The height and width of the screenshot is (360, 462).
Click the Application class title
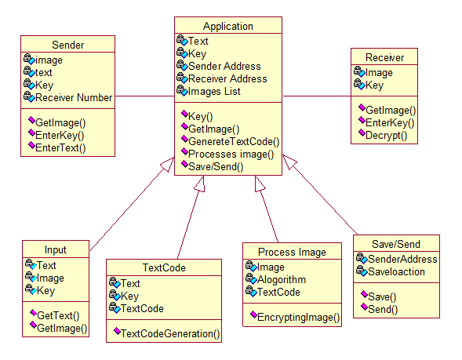coord(228,26)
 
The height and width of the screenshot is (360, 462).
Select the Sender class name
coord(67,45)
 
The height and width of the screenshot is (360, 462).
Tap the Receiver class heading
coord(384,57)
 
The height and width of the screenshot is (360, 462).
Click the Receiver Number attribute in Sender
coord(74,97)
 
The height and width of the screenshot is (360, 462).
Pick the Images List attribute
coord(214,91)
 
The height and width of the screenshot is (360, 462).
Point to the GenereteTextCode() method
coord(234,142)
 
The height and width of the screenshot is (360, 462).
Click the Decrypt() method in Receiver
coord(386,136)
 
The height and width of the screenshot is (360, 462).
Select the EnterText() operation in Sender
coord(60,148)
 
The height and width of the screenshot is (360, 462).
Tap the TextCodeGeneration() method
coord(170,334)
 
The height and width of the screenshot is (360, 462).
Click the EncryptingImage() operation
coord(299,318)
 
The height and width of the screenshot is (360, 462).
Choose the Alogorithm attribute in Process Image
coord(282,279)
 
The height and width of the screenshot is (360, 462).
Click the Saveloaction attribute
coord(396,271)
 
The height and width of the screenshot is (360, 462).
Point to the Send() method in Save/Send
coord(383,309)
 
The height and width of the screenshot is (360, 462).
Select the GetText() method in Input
coord(58,315)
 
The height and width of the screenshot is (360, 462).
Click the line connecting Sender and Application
coord(144,96)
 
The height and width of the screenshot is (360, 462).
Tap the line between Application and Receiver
coord(317,96)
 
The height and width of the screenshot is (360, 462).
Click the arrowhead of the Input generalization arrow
coord(169,163)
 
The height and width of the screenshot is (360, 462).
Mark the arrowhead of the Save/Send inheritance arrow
coord(289,162)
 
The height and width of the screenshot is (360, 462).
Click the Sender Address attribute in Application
coord(224,67)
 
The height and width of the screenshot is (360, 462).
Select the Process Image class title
coord(292,253)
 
